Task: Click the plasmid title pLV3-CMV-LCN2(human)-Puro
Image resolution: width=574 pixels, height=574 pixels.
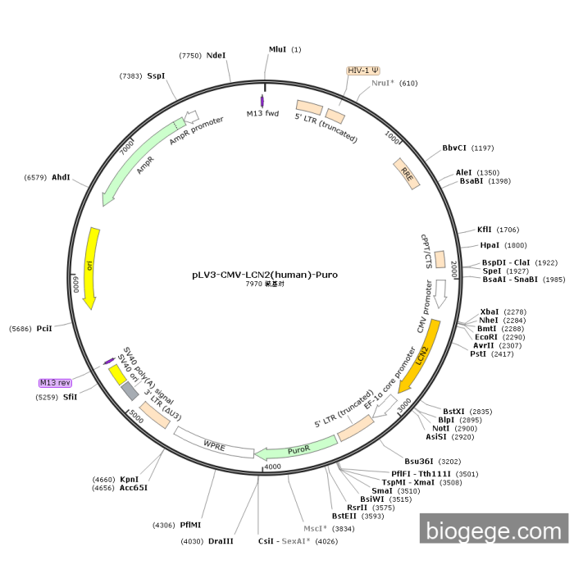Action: tap(259, 275)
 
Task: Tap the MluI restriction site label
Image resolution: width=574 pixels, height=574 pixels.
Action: tap(278, 49)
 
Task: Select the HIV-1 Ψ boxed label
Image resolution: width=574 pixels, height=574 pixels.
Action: tap(363, 71)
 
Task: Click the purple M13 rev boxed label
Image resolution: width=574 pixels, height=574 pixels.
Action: tap(56, 383)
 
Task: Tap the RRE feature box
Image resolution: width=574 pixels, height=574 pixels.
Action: tap(408, 173)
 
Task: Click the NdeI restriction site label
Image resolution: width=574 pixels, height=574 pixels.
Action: tap(216, 55)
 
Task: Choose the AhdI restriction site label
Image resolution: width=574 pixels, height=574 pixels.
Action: tap(61, 176)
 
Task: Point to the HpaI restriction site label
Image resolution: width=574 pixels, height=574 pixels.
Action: tap(490, 245)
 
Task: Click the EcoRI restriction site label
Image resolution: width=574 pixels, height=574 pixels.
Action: tap(486, 336)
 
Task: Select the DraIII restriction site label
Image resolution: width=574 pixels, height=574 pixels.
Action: tap(221, 541)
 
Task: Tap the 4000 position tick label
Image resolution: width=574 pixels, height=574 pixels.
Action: tap(272, 466)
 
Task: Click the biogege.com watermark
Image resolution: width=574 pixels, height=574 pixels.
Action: tap(494, 532)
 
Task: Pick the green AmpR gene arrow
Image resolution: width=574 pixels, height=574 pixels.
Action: tap(135, 164)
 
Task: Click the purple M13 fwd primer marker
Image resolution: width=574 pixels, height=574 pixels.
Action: tap(262, 100)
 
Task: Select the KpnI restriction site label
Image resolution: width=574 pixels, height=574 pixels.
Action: tap(130, 479)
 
